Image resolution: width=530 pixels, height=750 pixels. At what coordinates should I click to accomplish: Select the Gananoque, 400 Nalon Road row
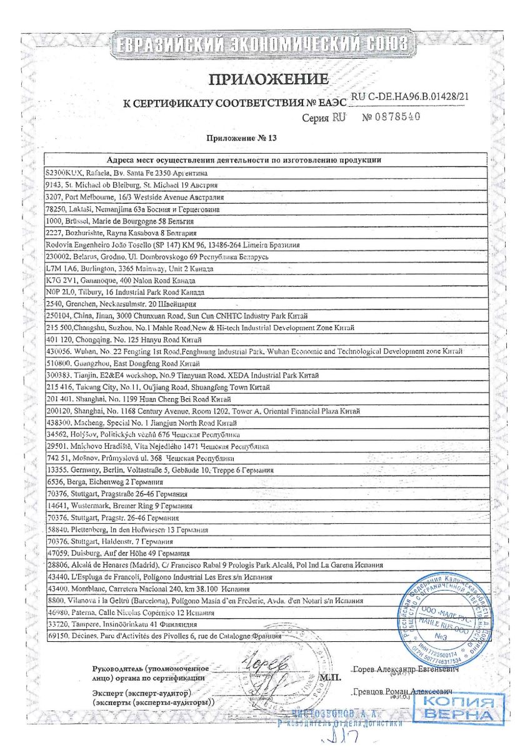tap(112, 281)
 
